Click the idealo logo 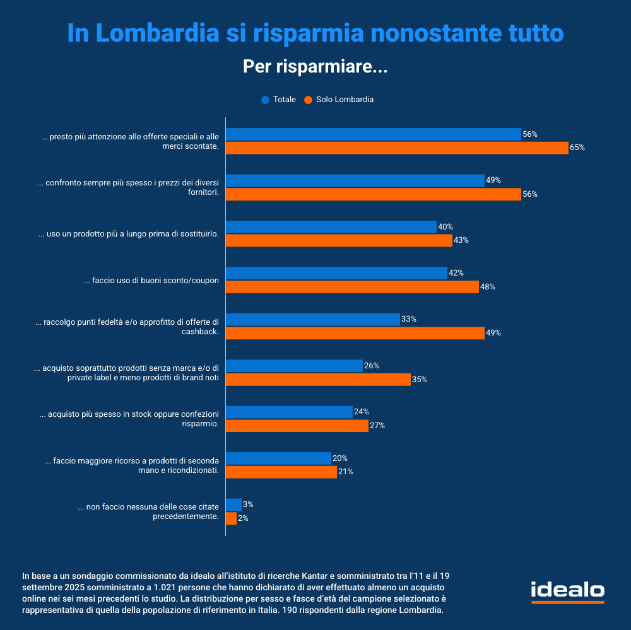(567, 592)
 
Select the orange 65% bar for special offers (397, 148)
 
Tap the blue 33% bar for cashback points (312, 319)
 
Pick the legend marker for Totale (265, 100)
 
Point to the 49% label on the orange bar (493, 333)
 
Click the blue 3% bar (233, 505)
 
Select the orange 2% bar (231, 518)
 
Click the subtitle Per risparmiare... (315, 66)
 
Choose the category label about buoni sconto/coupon (151, 281)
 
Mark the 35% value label (420, 380)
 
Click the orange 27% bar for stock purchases (297, 426)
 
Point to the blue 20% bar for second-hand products (278, 458)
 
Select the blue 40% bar (331, 227)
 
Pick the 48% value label (488, 287)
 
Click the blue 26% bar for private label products (294, 366)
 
